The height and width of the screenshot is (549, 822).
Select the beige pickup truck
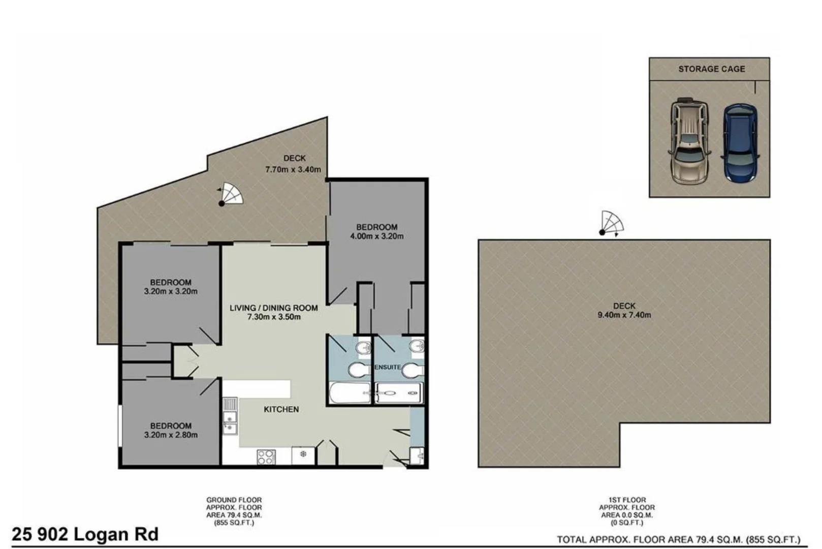[x=689, y=141]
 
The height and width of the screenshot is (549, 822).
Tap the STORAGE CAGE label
[x=711, y=69]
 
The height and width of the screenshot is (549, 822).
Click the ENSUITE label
[x=388, y=367]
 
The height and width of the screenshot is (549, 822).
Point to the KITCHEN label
[x=281, y=409]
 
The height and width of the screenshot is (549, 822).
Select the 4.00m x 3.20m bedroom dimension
[x=376, y=236]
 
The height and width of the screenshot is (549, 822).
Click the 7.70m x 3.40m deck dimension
[x=293, y=169]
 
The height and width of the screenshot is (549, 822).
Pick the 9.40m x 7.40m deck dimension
[x=624, y=315]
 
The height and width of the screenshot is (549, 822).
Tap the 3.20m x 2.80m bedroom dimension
[x=171, y=435]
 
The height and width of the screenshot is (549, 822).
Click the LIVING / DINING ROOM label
[x=273, y=308]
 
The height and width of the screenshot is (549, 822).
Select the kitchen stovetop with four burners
[x=266, y=456]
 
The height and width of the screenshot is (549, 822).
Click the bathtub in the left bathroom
[x=350, y=393]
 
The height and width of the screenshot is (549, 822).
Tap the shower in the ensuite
[x=398, y=393]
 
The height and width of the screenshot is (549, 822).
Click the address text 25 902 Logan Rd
[x=85, y=534]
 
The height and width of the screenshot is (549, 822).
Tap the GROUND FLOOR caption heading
[x=234, y=500]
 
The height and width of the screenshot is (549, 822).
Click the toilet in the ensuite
[x=412, y=371]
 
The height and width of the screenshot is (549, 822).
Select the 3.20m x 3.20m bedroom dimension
[x=171, y=292]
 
